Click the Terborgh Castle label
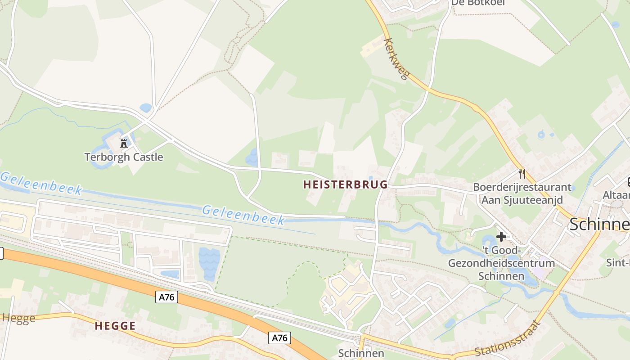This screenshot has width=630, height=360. (x=124, y=157)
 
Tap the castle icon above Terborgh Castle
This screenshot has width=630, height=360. (x=124, y=144)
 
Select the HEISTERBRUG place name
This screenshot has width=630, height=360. (x=345, y=184)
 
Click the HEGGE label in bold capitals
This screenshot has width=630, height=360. (x=115, y=326)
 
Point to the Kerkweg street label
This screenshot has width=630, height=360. (x=396, y=59)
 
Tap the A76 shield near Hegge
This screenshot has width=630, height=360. (x=167, y=297)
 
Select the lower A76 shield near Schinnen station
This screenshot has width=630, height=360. (x=279, y=338)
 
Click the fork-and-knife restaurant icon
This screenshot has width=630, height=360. (x=522, y=173)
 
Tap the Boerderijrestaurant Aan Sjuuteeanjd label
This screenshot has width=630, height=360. (x=522, y=193)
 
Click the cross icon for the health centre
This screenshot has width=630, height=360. (x=501, y=237)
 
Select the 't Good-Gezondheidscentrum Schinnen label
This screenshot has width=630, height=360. (x=501, y=263)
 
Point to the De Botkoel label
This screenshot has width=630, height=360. (x=478, y=3)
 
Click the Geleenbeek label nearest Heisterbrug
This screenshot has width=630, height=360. (x=243, y=215)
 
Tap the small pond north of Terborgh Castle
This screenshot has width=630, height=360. (x=145, y=108)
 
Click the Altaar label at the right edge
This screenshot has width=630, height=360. (x=616, y=195)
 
